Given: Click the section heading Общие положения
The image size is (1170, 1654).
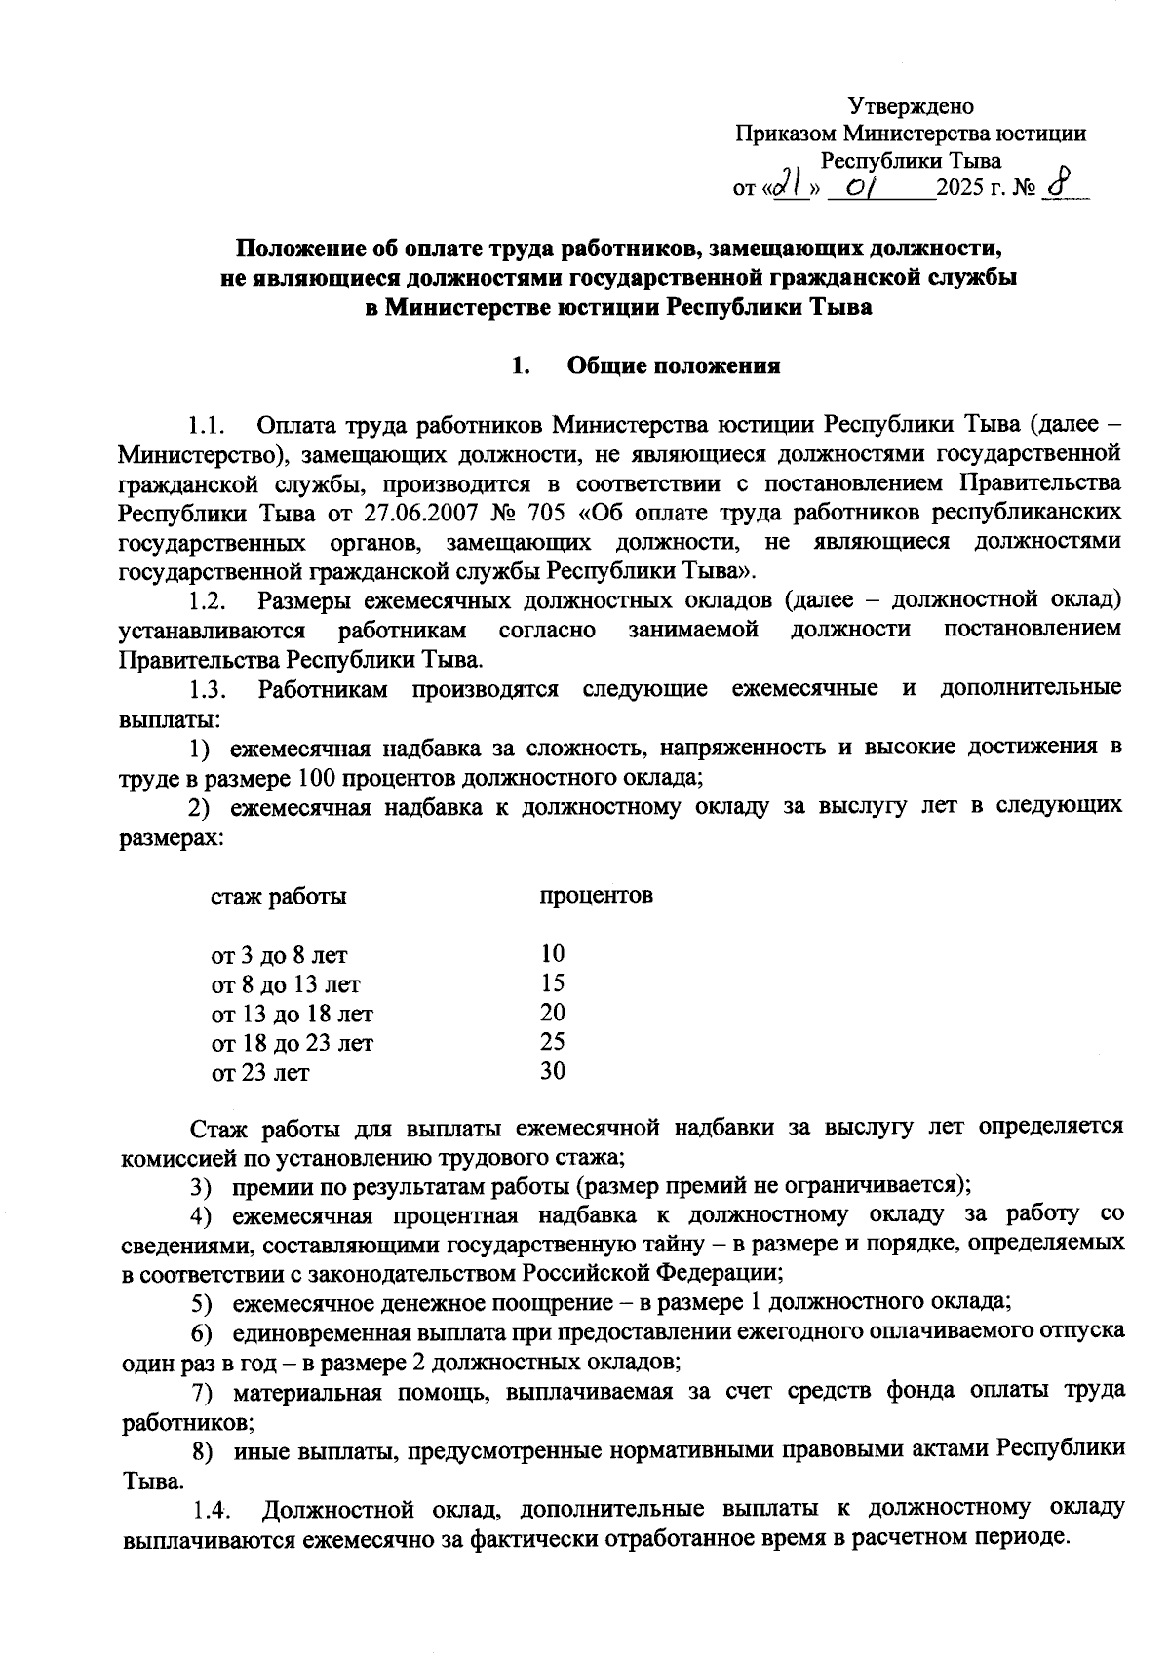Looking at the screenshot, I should coord(673,366).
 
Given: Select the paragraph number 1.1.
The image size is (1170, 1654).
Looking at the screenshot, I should coord(208,426).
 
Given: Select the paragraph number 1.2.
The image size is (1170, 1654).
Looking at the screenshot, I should coord(208,599).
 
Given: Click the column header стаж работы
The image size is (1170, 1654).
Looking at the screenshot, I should coord(278,896).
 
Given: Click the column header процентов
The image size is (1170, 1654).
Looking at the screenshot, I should coord(596,895).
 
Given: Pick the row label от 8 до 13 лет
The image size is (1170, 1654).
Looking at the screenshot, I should coord(286,984).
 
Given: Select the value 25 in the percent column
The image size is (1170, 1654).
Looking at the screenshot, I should coord(553,1042).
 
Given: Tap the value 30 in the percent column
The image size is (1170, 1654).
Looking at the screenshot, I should coord(553,1071).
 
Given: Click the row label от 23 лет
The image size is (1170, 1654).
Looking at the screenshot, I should coord(260,1073).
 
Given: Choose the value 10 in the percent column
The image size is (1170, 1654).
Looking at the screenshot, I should coord(553,953).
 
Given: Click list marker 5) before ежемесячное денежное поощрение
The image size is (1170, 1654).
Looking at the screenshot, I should coord(201,1302).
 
